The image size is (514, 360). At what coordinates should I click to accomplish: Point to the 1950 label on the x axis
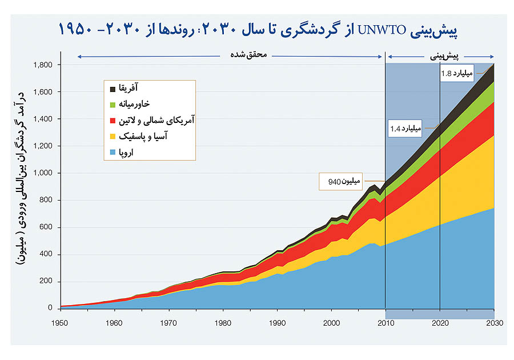(x=61, y=323)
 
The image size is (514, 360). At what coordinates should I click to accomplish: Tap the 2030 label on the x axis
(x=494, y=323)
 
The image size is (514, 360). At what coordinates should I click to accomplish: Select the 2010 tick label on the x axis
(x=385, y=323)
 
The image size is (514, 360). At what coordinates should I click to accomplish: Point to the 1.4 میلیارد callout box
(x=405, y=128)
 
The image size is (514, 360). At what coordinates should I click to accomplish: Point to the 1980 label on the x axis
(x=223, y=323)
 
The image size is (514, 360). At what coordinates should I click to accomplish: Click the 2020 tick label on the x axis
(x=440, y=323)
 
